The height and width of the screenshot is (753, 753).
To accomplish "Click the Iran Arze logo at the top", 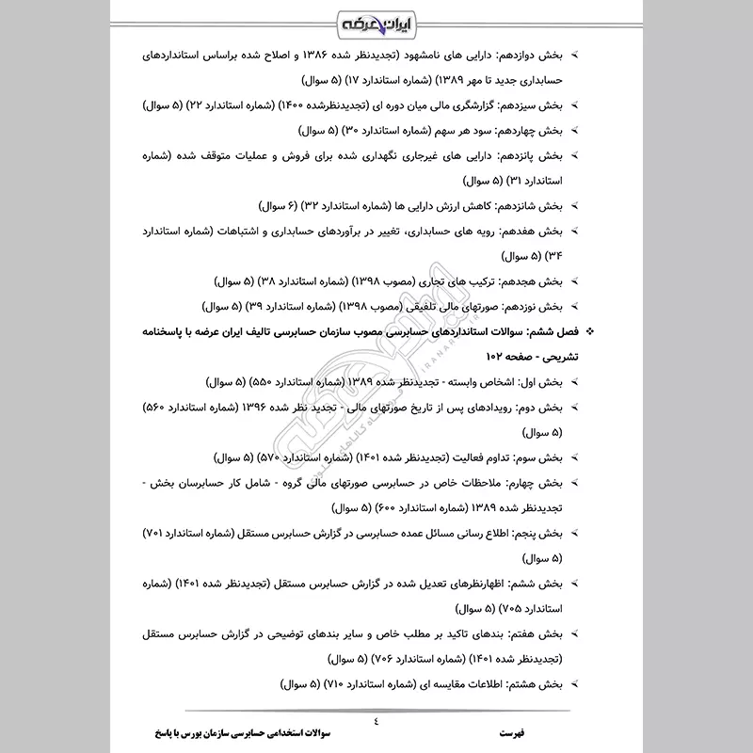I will tap(376, 21).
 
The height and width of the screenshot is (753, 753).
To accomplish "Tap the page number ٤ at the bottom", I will tap(376, 722).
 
